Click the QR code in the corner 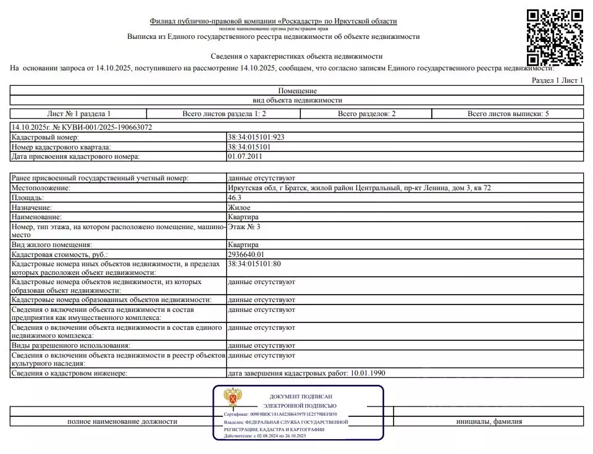(x=554, y=37)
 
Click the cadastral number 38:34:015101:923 (x=256, y=137)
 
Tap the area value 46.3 (x=235, y=198)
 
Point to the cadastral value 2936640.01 (x=246, y=254)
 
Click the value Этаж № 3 (x=244, y=227)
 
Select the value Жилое (x=239, y=208)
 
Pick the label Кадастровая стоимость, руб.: (x=60, y=254)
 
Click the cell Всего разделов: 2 (x=366, y=114)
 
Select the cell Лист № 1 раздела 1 (x=79, y=114)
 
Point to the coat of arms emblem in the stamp (x=232, y=398)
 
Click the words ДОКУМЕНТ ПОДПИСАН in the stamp (x=301, y=396)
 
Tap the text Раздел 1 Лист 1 (x=557, y=80)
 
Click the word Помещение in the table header (x=297, y=91)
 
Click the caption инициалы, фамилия (x=489, y=421)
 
